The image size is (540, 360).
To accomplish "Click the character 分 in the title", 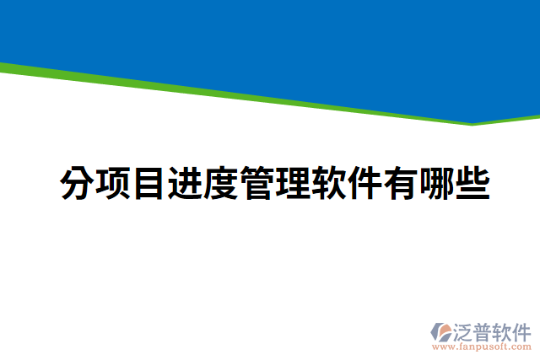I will tap(77, 183).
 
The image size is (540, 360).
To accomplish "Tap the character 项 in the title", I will tap(113, 183).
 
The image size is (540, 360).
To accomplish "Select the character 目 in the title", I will tap(148, 183).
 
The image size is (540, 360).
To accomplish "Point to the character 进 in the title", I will tap(185, 183).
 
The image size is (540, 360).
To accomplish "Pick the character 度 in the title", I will tap(221, 183).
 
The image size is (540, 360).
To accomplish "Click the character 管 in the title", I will tap(257, 183).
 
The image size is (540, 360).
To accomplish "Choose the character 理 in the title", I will tap(294, 183).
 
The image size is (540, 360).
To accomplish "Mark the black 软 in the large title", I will tap(330, 183).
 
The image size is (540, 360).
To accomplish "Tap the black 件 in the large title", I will tap(365, 183).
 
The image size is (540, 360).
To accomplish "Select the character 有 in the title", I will tap(402, 183).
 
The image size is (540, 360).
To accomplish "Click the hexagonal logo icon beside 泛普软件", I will tap(440, 331).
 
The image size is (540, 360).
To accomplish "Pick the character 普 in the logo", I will tap(484, 330).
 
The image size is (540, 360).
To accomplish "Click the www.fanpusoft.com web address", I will tap(482, 346).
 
